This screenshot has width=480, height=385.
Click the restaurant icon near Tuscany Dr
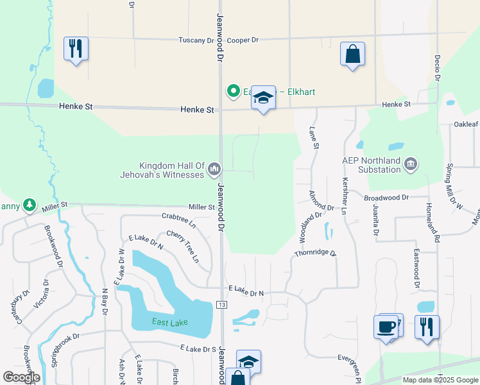click(x=76, y=49)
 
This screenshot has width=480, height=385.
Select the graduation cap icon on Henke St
click(x=263, y=98)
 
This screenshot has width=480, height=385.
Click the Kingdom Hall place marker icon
click(x=214, y=169)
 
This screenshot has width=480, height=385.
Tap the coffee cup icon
click(x=386, y=327)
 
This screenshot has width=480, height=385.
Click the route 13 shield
click(x=221, y=304)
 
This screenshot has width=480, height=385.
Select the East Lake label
click(x=170, y=321)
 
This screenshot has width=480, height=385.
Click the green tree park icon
click(x=30, y=205)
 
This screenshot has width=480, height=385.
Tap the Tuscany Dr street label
click(x=195, y=40)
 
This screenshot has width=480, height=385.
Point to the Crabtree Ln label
click(x=178, y=221)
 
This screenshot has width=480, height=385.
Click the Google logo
click(x=21, y=377)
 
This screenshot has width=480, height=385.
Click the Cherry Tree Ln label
click(x=183, y=246)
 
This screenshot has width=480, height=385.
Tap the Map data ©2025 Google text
click(x=440, y=380)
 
